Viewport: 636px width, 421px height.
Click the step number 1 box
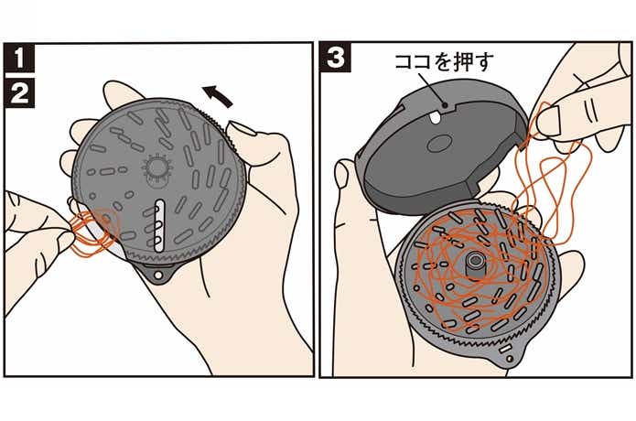tap(19, 58)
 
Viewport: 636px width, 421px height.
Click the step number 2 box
tap(19, 92)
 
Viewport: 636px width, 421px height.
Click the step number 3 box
tap(336, 58)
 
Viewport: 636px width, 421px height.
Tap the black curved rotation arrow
tap(218, 96)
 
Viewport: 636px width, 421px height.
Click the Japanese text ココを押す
tap(444, 62)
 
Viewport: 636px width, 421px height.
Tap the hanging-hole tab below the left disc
tap(159, 274)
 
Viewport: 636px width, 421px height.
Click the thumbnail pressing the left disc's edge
tap(241, 130)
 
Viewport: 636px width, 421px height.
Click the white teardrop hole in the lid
tap(435, 118)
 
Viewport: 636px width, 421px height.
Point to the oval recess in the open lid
tap(439, 144)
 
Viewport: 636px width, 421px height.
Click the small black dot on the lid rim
tap(445, 104)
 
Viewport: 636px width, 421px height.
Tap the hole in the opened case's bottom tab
tap(510, 359)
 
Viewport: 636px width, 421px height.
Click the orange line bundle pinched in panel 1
tap(93, 233)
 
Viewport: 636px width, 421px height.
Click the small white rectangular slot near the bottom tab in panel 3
tap(505, 349)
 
